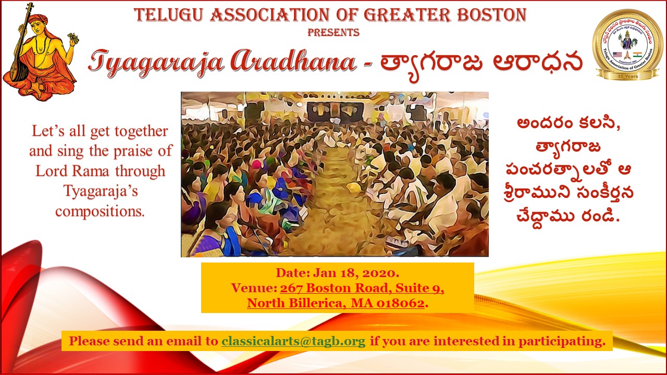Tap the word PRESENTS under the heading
click(333, 32)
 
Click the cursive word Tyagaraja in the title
click(156, 63)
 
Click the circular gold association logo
click(628, 45)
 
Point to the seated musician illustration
click(40, 52)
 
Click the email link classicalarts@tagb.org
click(293, 341)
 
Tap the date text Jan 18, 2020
click(356, 273)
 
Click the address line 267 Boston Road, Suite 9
click(362, 288)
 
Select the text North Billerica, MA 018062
click(336, 303)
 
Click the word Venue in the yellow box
click(254, 288)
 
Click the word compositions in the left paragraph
click(100, 211)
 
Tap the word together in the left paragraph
click(141, 131)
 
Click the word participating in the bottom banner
click(562, 341)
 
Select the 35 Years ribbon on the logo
click(628, 76)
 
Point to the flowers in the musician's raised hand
click(73, 38)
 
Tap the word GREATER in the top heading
click(407, 15)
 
